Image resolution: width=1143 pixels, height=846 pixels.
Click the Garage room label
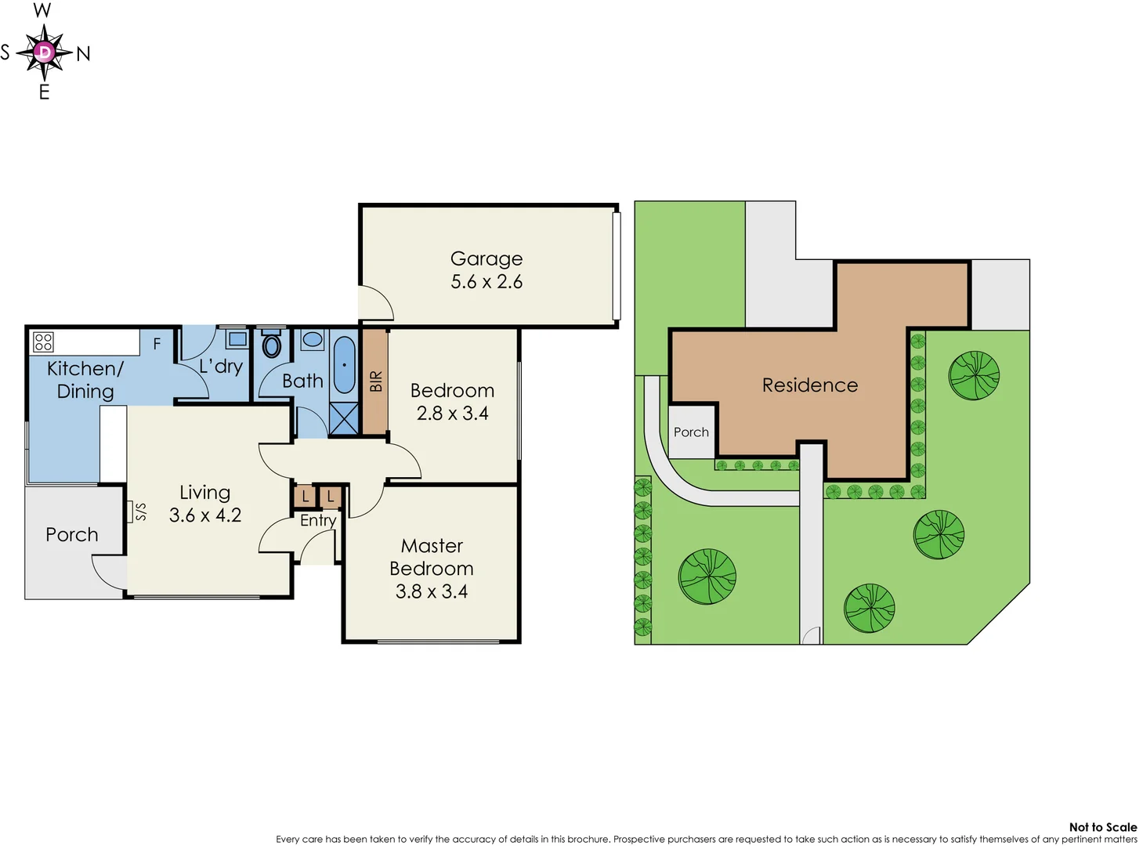click(486, 258)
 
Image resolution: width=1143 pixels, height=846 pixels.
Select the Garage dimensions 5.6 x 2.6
click(486, 282)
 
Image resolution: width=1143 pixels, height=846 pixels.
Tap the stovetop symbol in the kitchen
click(43, 342)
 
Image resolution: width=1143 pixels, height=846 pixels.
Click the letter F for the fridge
click(157, 343)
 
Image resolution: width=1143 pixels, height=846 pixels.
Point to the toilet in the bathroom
click(272, 345)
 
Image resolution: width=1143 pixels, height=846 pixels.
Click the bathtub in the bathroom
click(344, 365)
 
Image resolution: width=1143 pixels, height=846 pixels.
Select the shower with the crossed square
click(344, 418)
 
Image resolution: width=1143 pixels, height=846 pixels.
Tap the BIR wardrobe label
click(376, 381)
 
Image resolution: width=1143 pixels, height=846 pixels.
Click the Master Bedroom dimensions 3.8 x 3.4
click(431, 591)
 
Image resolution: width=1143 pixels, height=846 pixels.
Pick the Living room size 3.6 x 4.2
click(204, 515)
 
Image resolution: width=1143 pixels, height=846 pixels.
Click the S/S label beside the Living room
click(140, 512)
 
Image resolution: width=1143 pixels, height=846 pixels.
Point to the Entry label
click(318, 520)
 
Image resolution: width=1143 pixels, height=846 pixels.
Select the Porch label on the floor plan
click(71, 535)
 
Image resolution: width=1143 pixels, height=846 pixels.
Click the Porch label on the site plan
click(691, 432)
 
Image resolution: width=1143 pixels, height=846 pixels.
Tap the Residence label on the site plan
click(809, 385)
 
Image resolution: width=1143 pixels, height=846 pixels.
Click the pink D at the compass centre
click(45, 52)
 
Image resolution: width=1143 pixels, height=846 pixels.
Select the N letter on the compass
click(83, 54)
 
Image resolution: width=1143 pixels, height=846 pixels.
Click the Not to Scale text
click(1102, 827)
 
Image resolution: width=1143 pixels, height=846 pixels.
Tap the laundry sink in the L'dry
click(237, 339)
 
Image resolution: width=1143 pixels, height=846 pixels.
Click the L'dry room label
click(221, 366)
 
